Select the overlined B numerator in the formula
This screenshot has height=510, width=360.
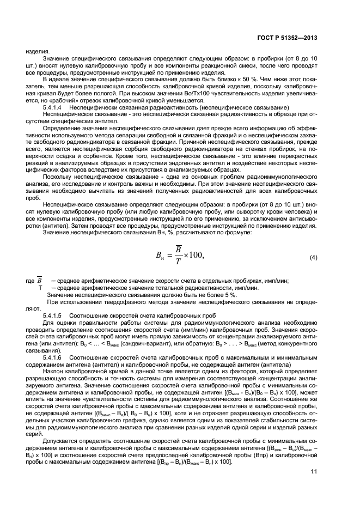[162, 248]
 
